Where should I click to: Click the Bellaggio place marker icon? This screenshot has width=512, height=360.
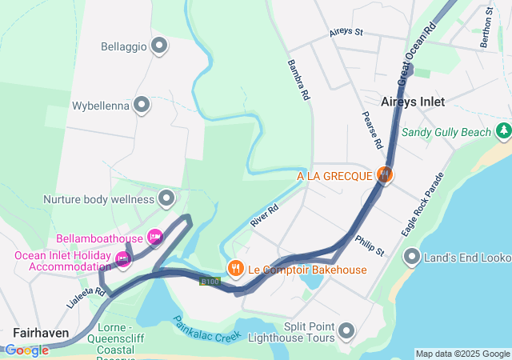159,46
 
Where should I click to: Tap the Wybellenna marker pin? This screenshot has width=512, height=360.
142,105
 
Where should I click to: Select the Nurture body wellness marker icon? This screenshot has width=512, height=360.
167,197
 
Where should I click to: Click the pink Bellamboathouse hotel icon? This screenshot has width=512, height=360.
155,237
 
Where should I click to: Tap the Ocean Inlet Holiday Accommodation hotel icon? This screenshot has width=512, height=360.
122,259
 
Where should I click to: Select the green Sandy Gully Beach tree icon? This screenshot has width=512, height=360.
503,130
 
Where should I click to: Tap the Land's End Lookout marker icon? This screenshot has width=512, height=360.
413,256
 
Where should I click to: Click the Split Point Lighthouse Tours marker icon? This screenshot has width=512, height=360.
346,330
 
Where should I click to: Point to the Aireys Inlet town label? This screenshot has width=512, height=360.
413,102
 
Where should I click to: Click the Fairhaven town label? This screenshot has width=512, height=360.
40,331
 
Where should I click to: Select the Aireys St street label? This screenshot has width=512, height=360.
346,33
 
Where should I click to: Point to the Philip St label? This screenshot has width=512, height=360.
370,245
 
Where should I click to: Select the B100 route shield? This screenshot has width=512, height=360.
210,281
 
